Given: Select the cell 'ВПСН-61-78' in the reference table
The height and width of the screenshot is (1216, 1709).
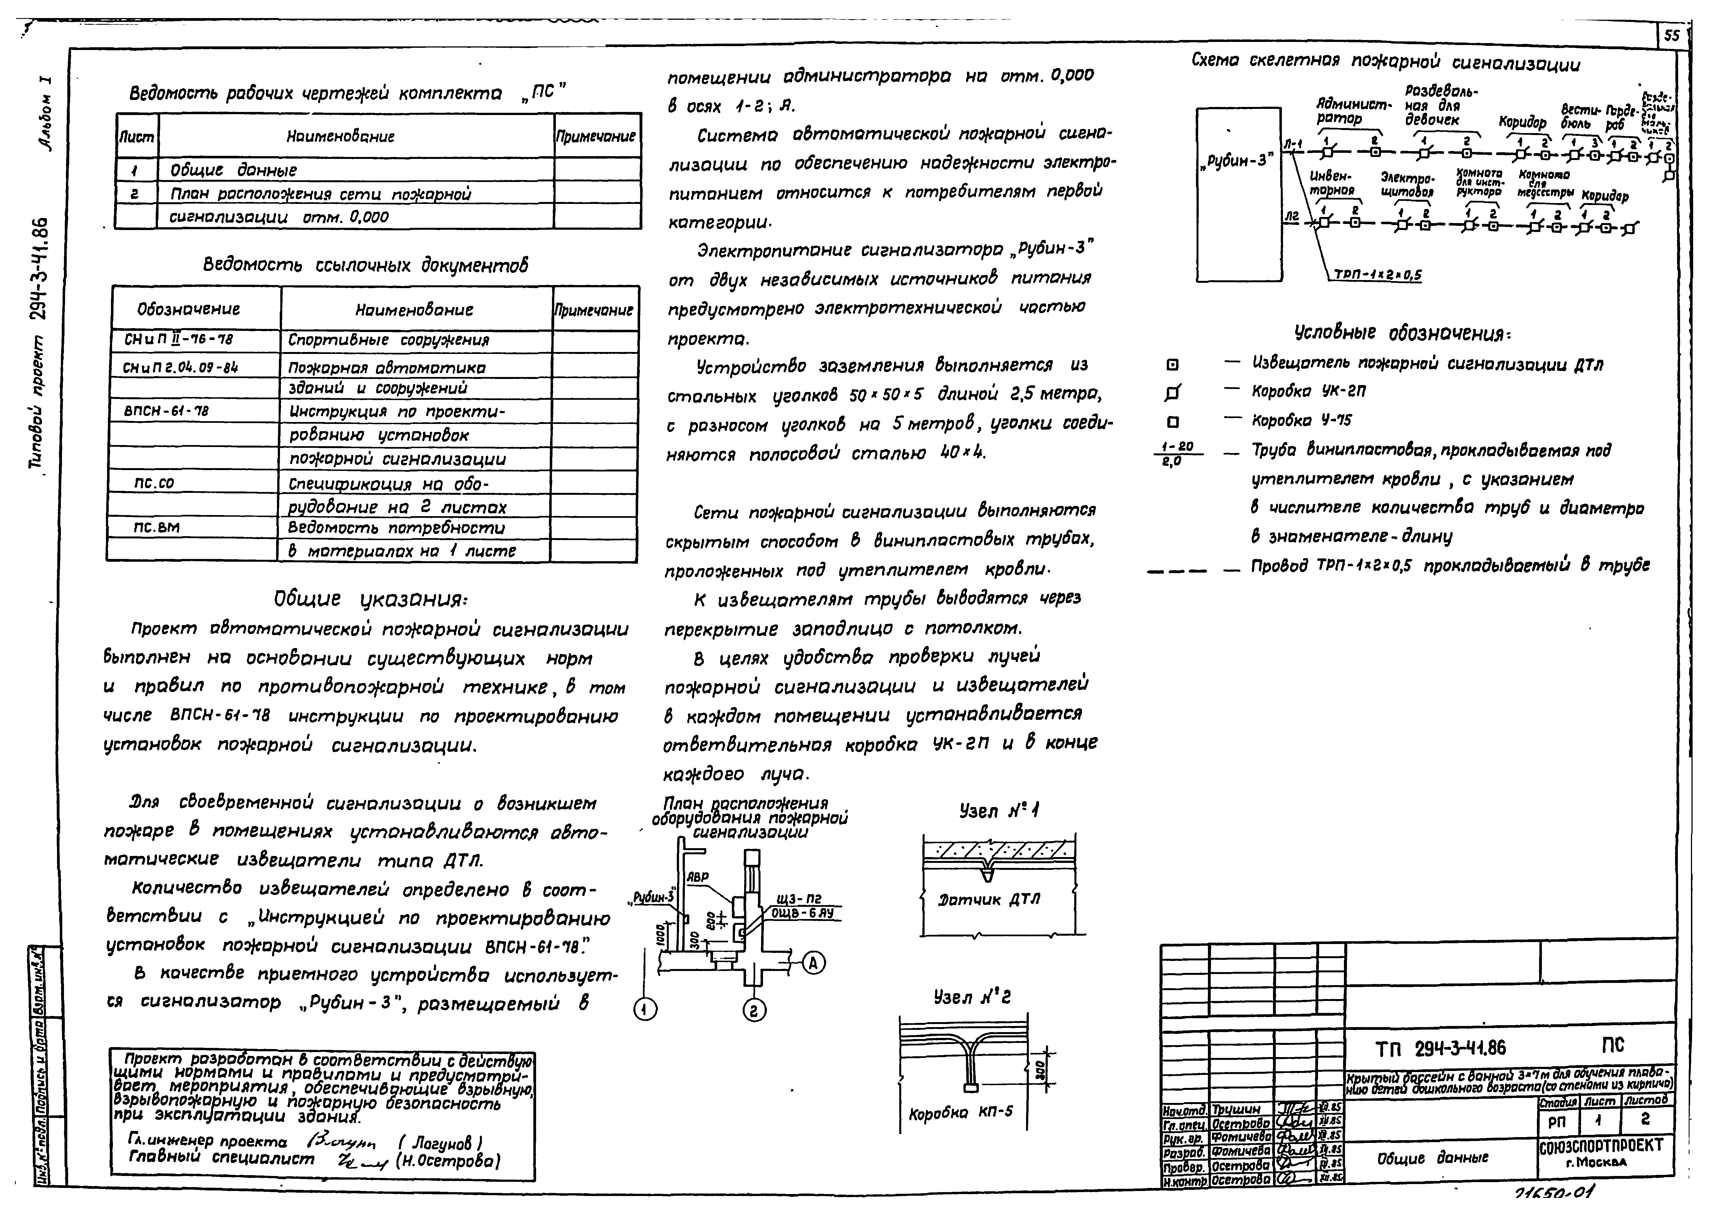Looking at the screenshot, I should tap(166, 411).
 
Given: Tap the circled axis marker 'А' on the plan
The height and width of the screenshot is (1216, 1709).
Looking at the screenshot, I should tap(814, 964).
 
